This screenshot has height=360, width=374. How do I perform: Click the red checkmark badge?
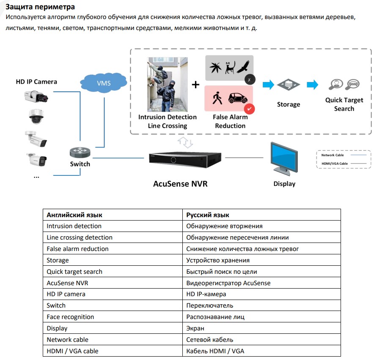(x=250, y=109)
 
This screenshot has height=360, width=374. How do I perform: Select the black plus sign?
(x=195, y=85)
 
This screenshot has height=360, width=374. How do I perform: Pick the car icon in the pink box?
(x=237, y=98)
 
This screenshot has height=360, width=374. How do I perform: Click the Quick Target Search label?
(x=344, y=104)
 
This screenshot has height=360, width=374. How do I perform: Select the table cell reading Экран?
(x=195, y=328)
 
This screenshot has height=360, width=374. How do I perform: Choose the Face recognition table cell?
(x=70, y=317)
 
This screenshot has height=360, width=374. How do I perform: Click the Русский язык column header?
(x=208, y=215)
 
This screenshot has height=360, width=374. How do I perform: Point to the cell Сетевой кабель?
(x=209, y=340)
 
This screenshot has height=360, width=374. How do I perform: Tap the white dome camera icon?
(x=36, y=116)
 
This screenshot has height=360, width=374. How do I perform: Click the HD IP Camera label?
(x=36, y=82)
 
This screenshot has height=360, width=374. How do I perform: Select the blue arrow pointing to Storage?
(x=268, y=85)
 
